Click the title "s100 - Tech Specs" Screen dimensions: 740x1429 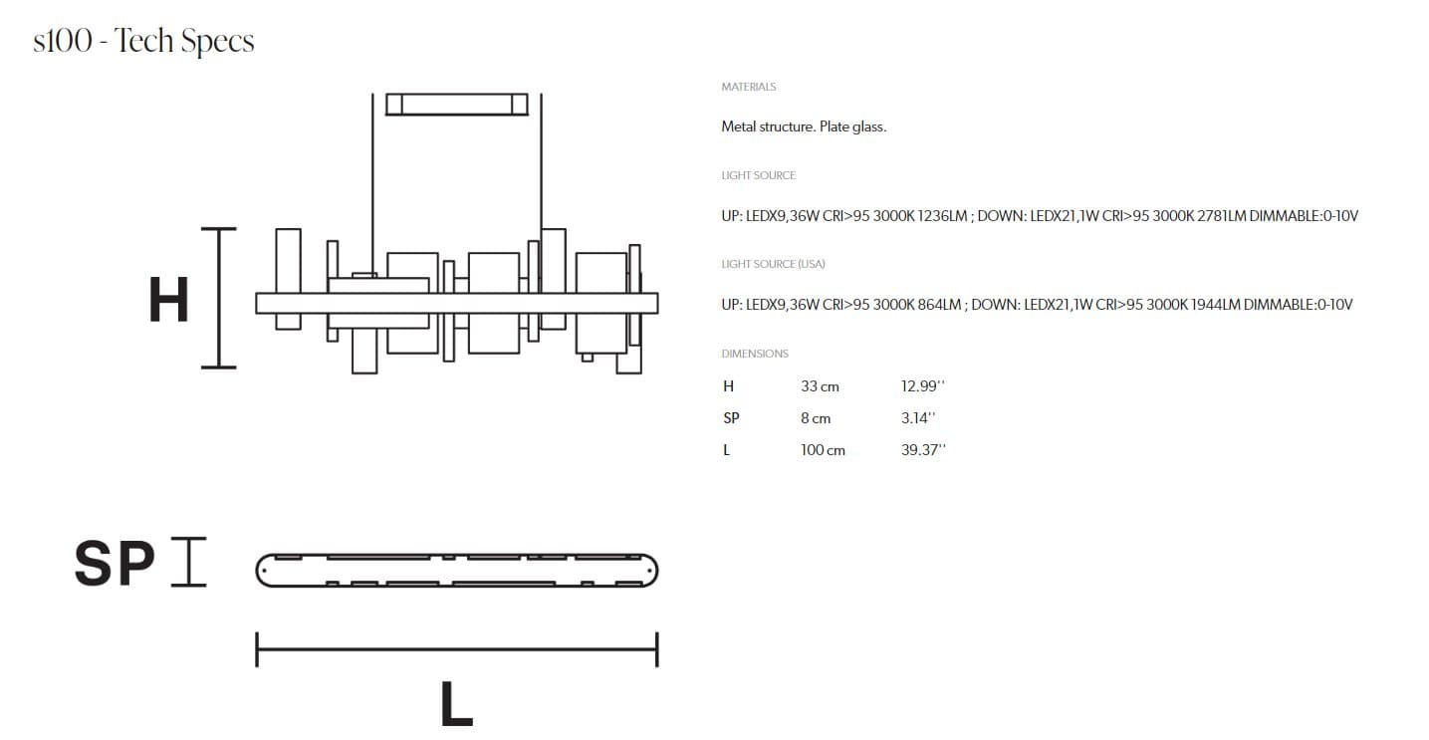point(143,42)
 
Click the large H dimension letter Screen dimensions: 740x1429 point(168,299)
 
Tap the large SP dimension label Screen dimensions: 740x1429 point(115,565)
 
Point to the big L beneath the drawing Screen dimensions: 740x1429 point(456,704)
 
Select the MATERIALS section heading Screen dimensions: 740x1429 point(748,88)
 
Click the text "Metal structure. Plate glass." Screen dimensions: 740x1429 point(803,127)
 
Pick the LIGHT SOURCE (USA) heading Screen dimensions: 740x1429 point(773,264)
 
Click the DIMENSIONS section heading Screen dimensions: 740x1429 point(754,354)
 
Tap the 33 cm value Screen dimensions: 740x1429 point(820,386)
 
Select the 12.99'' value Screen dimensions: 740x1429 point(922,386)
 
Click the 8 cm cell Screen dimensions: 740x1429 point(815,418)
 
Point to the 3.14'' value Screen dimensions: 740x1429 point(917,418)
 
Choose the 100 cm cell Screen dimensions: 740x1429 point(823,450)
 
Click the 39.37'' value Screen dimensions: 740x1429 point(922,450)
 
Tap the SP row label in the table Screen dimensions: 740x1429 point(731,418)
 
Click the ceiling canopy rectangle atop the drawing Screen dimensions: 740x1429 point(456,104)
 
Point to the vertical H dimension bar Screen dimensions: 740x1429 point(219,298)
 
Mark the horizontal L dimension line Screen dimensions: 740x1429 point(456,649)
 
